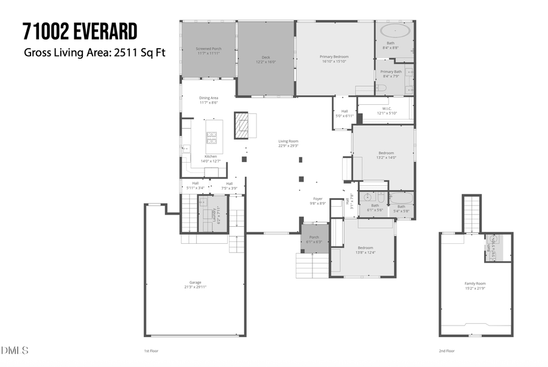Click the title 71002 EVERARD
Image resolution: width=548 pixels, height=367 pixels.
pos(80,30)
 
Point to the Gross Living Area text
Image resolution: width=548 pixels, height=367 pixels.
pos(94,52)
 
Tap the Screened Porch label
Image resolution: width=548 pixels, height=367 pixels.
pos(208,51)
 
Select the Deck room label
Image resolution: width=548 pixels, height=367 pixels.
pos(265,59)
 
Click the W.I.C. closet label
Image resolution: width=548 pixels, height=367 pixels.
pos(387,111)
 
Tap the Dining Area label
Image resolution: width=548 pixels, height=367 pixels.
pos(208,100)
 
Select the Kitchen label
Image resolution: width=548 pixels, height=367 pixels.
pos(211,158)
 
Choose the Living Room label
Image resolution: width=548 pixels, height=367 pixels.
pos(288,143)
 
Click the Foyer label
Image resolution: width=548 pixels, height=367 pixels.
pos(318,201)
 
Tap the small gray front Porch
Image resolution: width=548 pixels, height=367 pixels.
pos(314,240)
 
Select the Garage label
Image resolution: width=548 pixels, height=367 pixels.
pos(195,285)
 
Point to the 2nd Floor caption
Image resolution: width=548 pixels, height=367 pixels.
pos(446,351)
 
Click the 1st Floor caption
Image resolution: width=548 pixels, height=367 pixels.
pos(150,351)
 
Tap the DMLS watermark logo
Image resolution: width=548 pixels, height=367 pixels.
pos(15,351)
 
